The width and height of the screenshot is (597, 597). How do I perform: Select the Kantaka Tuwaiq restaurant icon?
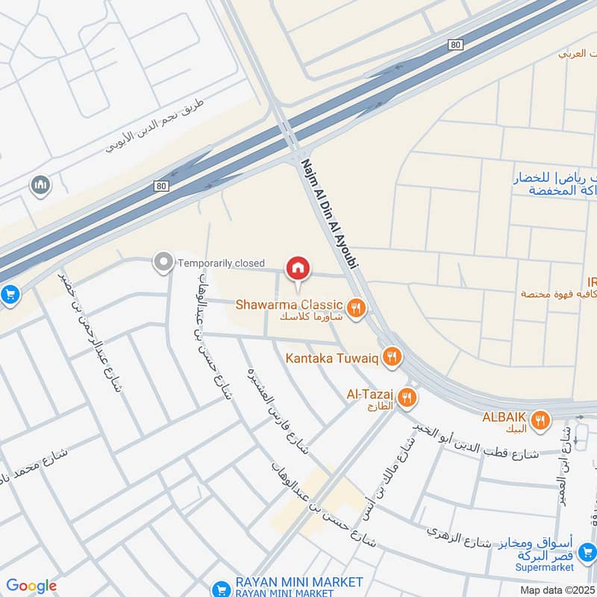(390, 358)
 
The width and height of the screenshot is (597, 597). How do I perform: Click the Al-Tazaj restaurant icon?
(407, 396)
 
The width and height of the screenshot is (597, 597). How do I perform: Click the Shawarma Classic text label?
(289, 304)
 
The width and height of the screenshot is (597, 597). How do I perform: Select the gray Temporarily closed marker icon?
(162, 262)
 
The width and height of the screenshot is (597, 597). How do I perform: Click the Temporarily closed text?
(221, 263)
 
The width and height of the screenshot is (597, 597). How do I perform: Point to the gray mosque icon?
(40, 184)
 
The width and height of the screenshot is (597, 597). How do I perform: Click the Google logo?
(31, 586)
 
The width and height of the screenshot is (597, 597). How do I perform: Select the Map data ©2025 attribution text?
(557, 590)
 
